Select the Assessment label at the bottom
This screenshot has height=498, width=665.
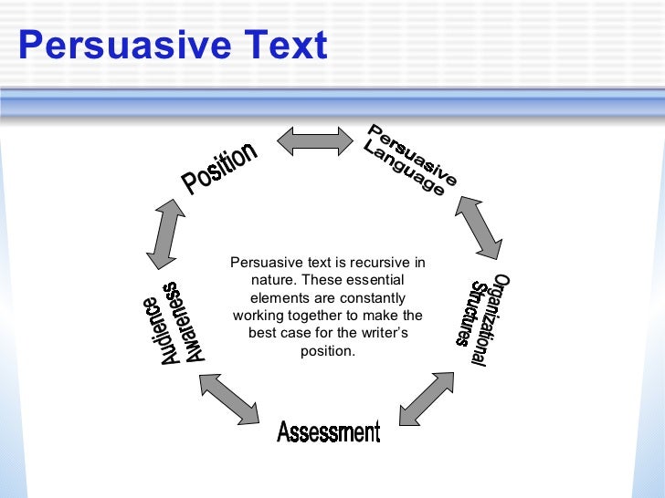[328, 431]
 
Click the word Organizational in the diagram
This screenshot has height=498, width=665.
[491, 319]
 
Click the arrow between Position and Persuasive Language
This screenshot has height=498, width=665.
[314, 140]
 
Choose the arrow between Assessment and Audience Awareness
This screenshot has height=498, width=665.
[229, 399]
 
